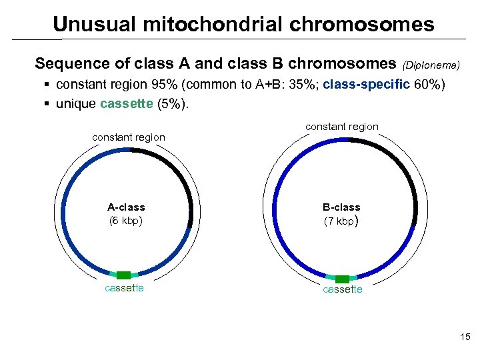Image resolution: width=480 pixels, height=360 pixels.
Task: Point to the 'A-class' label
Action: pyautogui.click(x=126, y=207)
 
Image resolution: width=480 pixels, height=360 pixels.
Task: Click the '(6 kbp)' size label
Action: pyautogui.click(x=126, y=220)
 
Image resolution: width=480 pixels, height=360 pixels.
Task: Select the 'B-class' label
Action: pyautogui.click(x=341, y=207)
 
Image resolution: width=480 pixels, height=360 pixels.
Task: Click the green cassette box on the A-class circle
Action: pyautogui.click(x=124, y=275)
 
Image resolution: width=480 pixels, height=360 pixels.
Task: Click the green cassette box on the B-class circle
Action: pyautogui.click(x=342, y=279)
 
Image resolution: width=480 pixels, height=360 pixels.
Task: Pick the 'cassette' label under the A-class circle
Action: pyautogui.click(x=125, y=288)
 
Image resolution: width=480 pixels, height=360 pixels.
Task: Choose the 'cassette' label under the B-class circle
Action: pyautogui.click(x=342, y=289)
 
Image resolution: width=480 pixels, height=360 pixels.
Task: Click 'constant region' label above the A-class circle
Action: pyautogui.click(x=129, y=137)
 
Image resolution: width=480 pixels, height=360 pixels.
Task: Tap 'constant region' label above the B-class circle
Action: pyautogui.click(x=341, y=127)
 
